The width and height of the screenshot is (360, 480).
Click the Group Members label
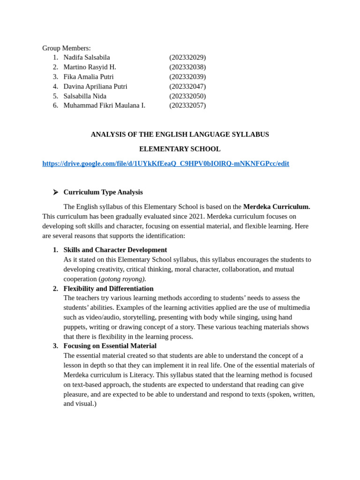(x=67, y=48)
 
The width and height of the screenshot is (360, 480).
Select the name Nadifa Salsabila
(x=87, y=57)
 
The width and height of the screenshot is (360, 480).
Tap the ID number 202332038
(x=187, y=67)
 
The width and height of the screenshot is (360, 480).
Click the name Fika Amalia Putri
(x=89, y=77)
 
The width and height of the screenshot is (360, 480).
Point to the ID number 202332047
(x=187, y=86)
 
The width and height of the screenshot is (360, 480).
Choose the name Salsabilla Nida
(x=85, y=96)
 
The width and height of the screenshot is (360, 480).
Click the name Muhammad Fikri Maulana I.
(x=104, y=105)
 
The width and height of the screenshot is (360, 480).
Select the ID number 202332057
(x=187, y=105)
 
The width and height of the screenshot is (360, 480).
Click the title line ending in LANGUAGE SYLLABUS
(x=180, y=135)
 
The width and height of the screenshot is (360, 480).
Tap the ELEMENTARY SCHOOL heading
(x=180, y=149)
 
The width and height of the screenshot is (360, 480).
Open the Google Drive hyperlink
(x=165, y=164)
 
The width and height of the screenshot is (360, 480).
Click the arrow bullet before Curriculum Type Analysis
(x=55, y=192)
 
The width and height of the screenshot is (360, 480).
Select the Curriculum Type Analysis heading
(x=103, y=192)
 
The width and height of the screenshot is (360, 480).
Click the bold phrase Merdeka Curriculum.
(x=277, y=207)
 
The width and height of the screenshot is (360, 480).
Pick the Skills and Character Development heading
(x=115, y=250)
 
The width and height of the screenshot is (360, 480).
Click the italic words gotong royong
(x=123, y=279)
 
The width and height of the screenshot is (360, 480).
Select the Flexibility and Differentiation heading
(x=108, y=289)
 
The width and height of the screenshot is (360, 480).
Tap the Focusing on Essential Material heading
(x=110, y=346)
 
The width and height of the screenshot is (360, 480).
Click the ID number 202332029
(x=187, y=57)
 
